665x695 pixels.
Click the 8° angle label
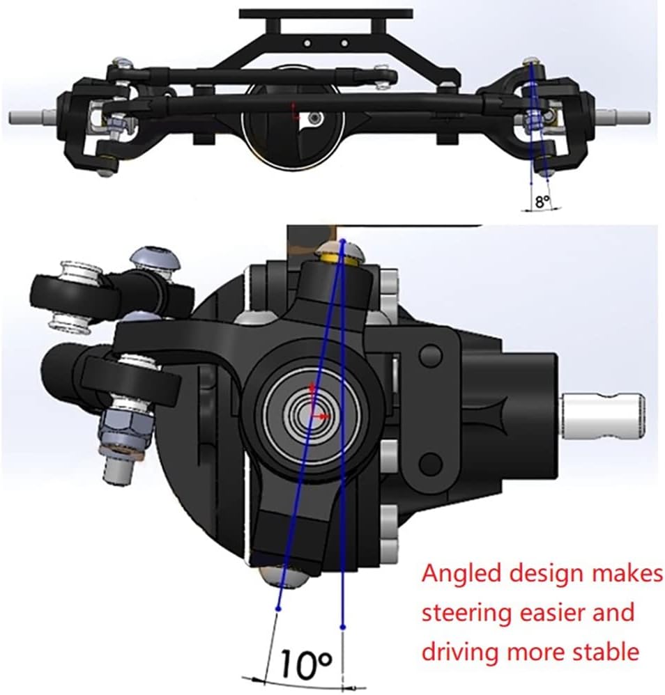(x=542, y=202)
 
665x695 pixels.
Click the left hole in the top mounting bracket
(x=307, y=43)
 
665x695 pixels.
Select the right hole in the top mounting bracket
(x=344, y=43)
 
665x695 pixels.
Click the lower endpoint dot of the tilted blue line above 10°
(x=278, y=609)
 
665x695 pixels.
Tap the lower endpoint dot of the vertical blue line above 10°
(x=342, y=627)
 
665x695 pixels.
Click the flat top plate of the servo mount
(x=326, y=14)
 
